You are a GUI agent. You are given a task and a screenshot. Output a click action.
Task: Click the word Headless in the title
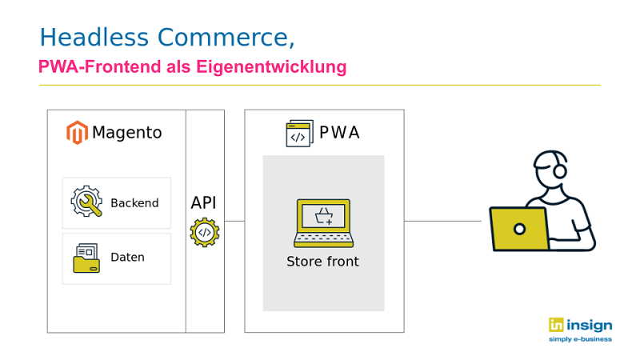(94, 37)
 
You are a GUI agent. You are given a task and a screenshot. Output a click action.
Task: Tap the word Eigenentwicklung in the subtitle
(271, 67)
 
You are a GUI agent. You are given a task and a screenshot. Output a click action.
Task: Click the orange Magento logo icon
(77, 133)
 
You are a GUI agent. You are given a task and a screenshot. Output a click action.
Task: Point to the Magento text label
(127, 133)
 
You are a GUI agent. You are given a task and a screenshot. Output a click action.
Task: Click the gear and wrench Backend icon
(86, 202)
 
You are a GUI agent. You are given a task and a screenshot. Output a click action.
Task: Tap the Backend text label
(134, 203)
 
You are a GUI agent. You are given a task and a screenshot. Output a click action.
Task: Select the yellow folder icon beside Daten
(86, 258)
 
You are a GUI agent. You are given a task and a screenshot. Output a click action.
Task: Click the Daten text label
(128, 257)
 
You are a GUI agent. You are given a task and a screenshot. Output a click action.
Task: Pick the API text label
(204, 203)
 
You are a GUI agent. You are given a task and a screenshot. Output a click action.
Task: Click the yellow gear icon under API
(205, 233)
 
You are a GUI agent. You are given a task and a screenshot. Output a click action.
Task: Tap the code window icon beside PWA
(299, 133)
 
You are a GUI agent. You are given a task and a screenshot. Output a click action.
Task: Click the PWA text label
(339, 133)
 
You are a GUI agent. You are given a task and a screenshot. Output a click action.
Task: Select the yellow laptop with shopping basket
(324, 223)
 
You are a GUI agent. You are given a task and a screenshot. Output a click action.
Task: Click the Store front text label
(323, 262)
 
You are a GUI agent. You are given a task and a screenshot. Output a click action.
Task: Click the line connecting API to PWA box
(234, 222)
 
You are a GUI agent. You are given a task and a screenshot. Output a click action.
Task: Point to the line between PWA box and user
(443, 222)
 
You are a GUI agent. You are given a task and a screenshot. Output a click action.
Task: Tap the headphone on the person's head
(559, 166)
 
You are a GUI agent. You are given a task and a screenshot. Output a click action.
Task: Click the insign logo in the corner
(581, 330)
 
